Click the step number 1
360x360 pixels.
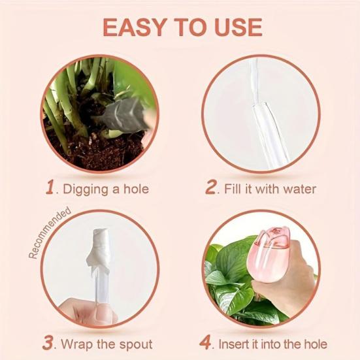click(49, 188)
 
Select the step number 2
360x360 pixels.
click(210, 188)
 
